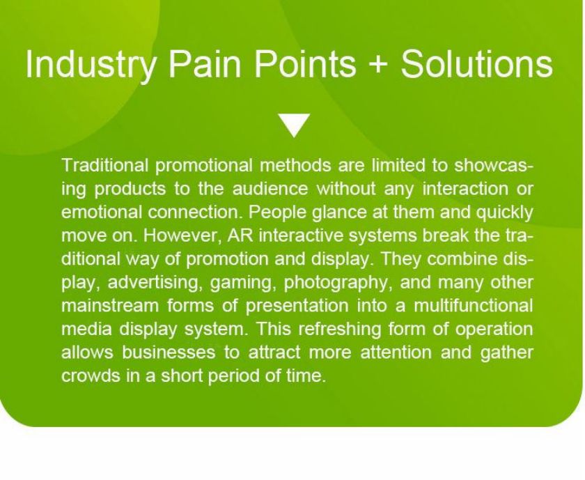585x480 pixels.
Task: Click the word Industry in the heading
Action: pos(91,64)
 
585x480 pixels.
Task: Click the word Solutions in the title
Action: pos(476,63)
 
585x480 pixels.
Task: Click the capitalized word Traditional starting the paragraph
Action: pos(105,165)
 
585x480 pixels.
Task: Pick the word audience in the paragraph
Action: pos(270,189)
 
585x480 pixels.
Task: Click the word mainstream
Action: pos(110,306)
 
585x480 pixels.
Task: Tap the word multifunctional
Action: pos(474,306)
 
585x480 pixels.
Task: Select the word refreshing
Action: pos(340,330)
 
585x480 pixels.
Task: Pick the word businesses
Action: pos(169,353)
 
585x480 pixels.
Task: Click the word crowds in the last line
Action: pos(91,376)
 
